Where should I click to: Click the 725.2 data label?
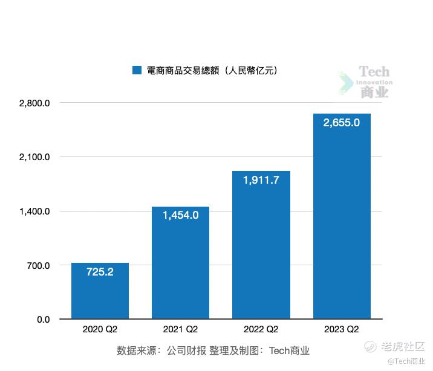100,272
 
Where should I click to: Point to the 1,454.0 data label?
180,215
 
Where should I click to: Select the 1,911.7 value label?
261,179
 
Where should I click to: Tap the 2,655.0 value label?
342,123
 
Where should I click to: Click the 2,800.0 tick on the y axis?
34,103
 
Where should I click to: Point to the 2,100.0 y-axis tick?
34,157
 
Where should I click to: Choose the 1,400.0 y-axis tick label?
34,211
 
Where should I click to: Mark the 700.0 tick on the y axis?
37,265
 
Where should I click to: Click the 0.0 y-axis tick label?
43,320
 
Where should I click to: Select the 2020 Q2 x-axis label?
100,330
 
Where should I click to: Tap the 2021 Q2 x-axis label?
180,330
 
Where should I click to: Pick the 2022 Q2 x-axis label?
261,330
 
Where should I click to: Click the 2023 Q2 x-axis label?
342,330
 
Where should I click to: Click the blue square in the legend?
137,71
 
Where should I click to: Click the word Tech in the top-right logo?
374,73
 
